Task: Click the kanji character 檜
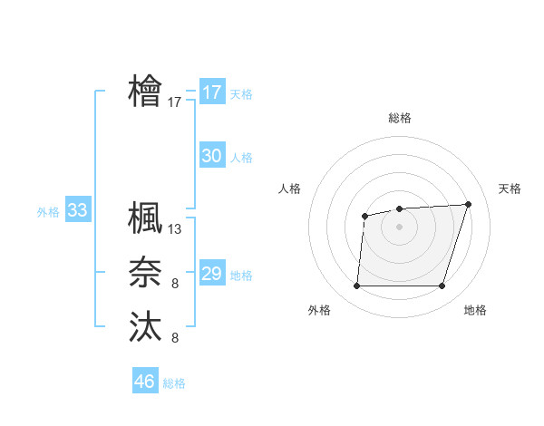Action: [x=145, y=92]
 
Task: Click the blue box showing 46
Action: [x=145, y=381]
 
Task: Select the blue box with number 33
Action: [x=77, y=211]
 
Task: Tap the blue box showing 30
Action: [x=211, y=156]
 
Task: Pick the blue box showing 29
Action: [x=211, y=274]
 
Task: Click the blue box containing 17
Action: [x=211, y=92]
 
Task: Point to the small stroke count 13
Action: [x=175, y=229]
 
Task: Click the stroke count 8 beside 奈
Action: [x=175, y=285]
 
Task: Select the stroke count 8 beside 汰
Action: [x=175, y=338]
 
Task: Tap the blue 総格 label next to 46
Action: [x=174, y=383]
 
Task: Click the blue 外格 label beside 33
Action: [x=48, y=212]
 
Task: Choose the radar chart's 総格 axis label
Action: [x=399, y=118]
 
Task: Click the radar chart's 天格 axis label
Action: [x=510, y=189]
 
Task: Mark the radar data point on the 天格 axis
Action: [x=468, y=204]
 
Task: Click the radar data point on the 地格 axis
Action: [x=442, y=286]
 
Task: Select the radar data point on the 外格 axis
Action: [x=356, y=286]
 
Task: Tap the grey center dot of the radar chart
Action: [x=399, y=227]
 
